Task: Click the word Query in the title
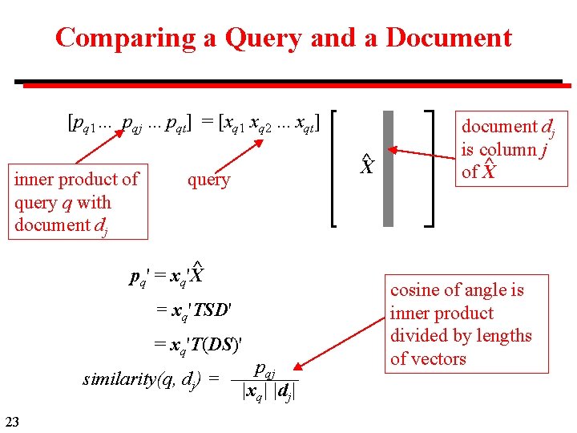click(263, 38)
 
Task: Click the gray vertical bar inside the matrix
click(389, 168)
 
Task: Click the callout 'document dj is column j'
click(508, 149)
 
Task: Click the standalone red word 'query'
click(208, 180)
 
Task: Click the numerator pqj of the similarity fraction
click(264, 370)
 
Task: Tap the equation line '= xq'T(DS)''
click(197, 344)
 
